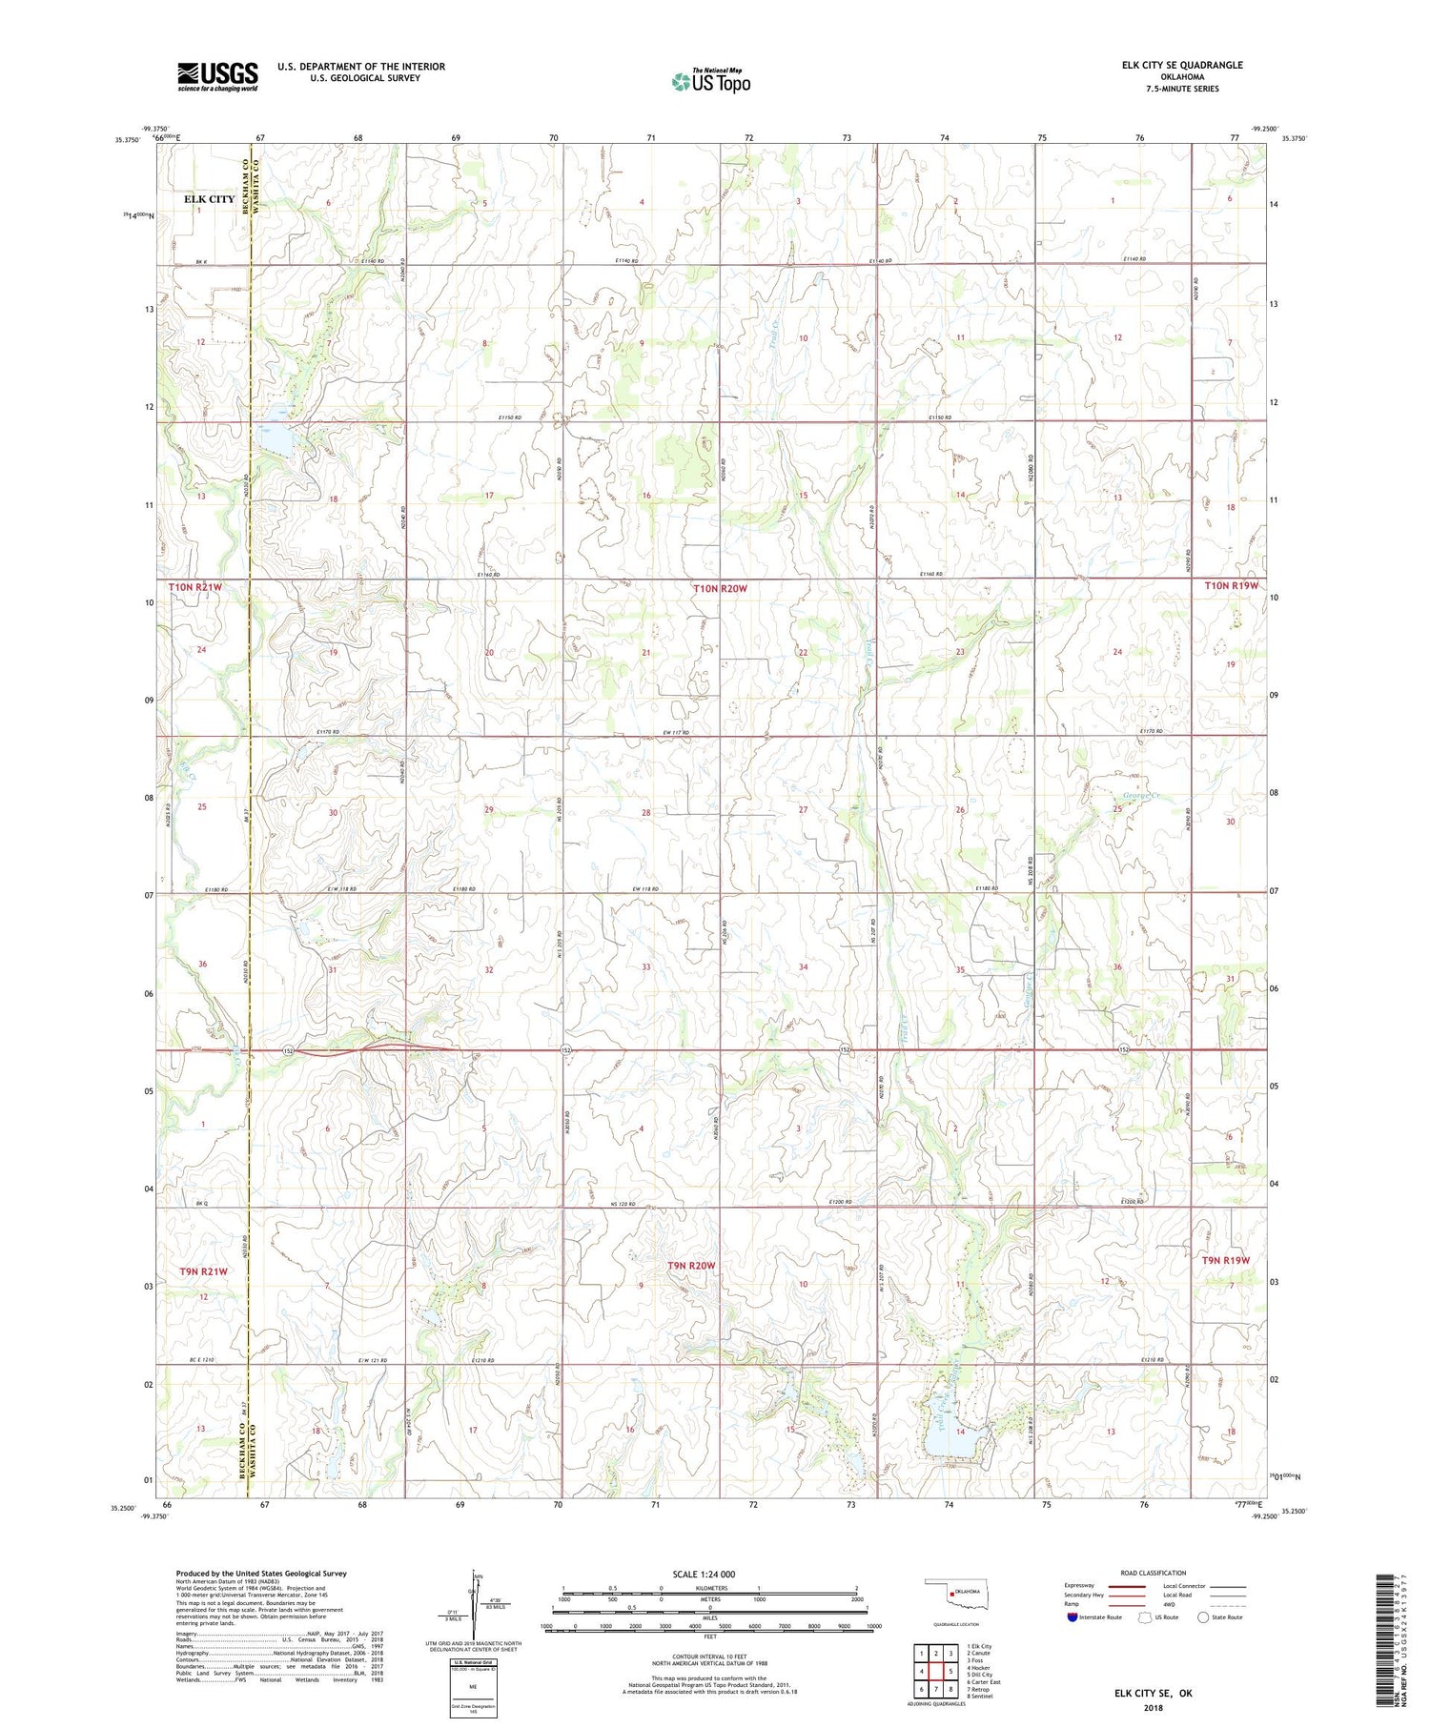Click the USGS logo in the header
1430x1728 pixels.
(x=217, y=76)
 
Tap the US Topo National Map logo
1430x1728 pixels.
(x=710, y=81)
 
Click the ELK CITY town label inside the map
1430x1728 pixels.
(x=209, y=199)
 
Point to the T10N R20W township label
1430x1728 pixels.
(x=720, y=589)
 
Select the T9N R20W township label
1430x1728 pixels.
(x=691, y=1265)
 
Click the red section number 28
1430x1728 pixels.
(x=645, y=813)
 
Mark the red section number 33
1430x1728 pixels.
(x=645, y=967)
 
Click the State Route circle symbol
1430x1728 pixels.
(x=1203, y=1617)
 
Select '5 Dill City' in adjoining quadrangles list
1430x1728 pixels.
(x=980, y=1675)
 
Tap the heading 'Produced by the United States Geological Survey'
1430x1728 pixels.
(x=261, y=1574)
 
